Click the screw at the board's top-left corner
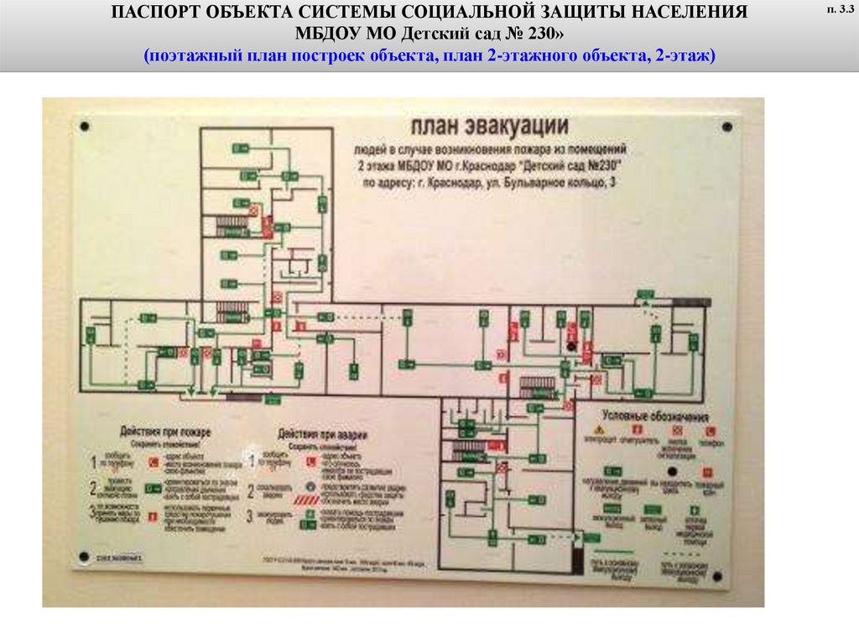click(84, 126)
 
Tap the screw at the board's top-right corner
click(726, 127)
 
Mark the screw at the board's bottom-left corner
click(83, 556)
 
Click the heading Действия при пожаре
click(165, 432)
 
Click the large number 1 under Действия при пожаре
click(95, 463)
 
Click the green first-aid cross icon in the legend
click(694, 510)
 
